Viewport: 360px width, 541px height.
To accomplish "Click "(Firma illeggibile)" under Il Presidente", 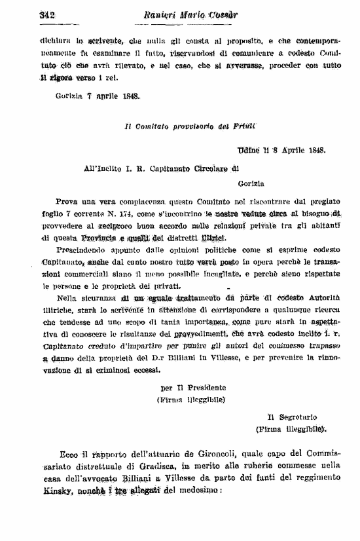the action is (x=190, y=399).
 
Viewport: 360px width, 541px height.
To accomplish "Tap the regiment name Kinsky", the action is (x=42, y=491).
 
